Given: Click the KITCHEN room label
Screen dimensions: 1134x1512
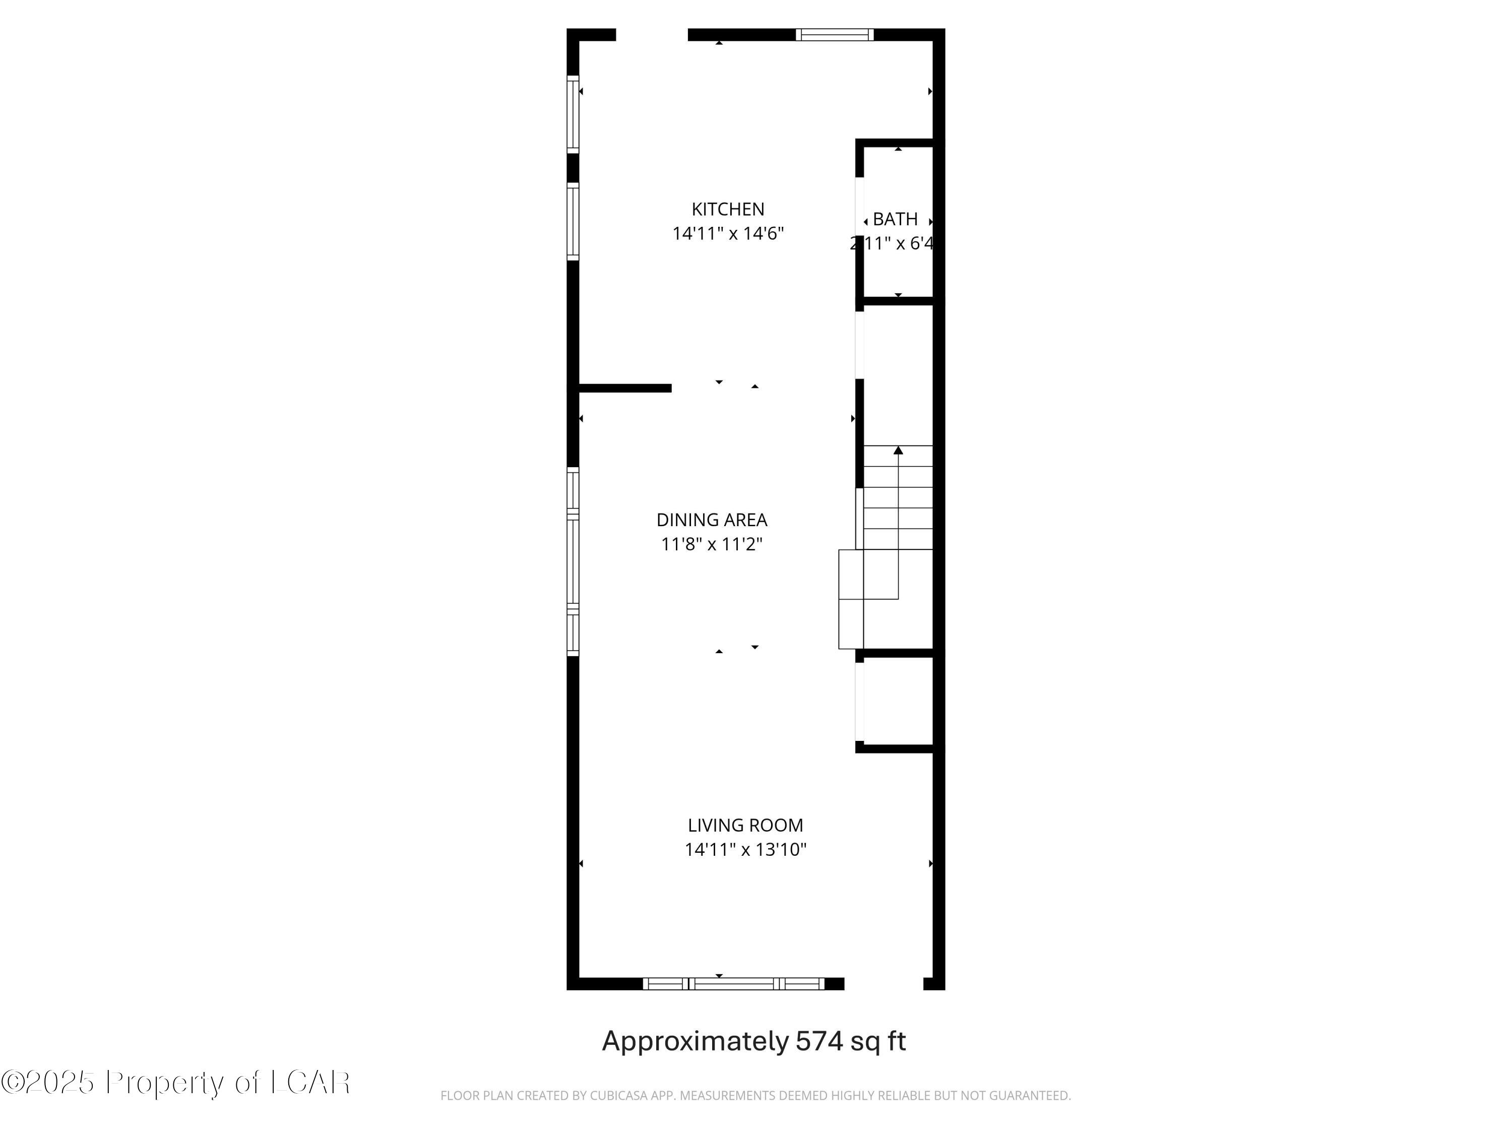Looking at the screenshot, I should pyautogui.click(x=727, y=209).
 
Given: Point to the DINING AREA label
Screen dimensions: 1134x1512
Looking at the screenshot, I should pyautogui.click(x=712, y=520).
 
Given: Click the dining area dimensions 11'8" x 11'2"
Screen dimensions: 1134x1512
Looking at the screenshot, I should pyautogui.click(x=712, y=545).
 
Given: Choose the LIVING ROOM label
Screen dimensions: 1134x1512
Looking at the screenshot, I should pyautogui.click(x=745, y=826).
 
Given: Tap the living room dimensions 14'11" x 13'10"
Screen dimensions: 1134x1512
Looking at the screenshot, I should pyautogui.click(x=745, y=850).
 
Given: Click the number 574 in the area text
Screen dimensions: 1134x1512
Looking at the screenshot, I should pyautogui.click(x=820, y=1042).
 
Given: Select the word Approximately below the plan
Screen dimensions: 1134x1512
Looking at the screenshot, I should pyautogui.click(x=695, y=1042).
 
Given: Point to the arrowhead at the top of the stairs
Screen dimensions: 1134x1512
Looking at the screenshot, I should pyautogui.click(x=898, y=450).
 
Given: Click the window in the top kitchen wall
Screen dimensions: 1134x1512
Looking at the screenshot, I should pyautogui.click(x=835, y=35).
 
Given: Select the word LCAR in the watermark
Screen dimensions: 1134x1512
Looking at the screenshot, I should pyautogui.click(x=311, y=1083).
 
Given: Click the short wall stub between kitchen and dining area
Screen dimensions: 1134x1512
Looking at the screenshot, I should pyautogui.click(x=625, y=388).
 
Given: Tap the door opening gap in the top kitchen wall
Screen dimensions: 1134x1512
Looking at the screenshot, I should pyautogui.click(x=651, y=35).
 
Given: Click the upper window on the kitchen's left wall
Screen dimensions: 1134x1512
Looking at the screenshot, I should pyautogui.click(x=573, y=113).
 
